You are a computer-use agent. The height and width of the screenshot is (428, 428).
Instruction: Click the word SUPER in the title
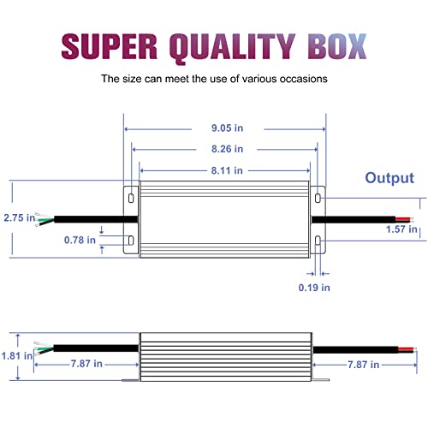(x=110, y=46)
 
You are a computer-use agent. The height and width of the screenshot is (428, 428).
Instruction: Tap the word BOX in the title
(x=336, y=46)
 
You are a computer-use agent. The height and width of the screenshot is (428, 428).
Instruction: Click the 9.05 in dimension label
(x=227, y=128)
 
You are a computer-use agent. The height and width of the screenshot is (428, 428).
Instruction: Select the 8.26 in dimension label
(x=227, y=149)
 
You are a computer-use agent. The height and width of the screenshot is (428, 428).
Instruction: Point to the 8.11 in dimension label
(x=227, y=170)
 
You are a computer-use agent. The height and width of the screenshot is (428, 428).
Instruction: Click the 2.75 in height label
(x=19, y=218)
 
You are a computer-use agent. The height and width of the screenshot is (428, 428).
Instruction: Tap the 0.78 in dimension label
(x=80, y=241)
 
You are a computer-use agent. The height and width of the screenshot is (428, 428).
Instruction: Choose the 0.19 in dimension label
(x=314, y=288)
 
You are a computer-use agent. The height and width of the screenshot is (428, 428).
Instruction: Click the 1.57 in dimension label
(x=401, y=229)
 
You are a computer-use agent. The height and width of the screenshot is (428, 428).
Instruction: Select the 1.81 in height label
(x=17, y=356)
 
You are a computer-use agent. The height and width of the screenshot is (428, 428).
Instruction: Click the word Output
(x=389, y=178)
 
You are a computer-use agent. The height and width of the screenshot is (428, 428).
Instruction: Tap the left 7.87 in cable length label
(x=86, y=364)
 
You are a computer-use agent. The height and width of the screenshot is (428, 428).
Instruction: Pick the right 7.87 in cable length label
(x=363, y=365)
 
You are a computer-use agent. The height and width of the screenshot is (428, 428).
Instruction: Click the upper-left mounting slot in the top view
(x=131, y=198)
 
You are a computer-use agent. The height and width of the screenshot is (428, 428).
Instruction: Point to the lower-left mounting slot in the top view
(x=131, y=241)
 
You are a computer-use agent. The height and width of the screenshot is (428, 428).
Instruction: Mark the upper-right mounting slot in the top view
(x=318, y=198)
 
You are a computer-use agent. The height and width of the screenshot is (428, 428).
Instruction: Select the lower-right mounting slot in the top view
(x=318, y=241)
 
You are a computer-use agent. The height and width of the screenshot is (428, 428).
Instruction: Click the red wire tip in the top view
(x=403, y=219)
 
